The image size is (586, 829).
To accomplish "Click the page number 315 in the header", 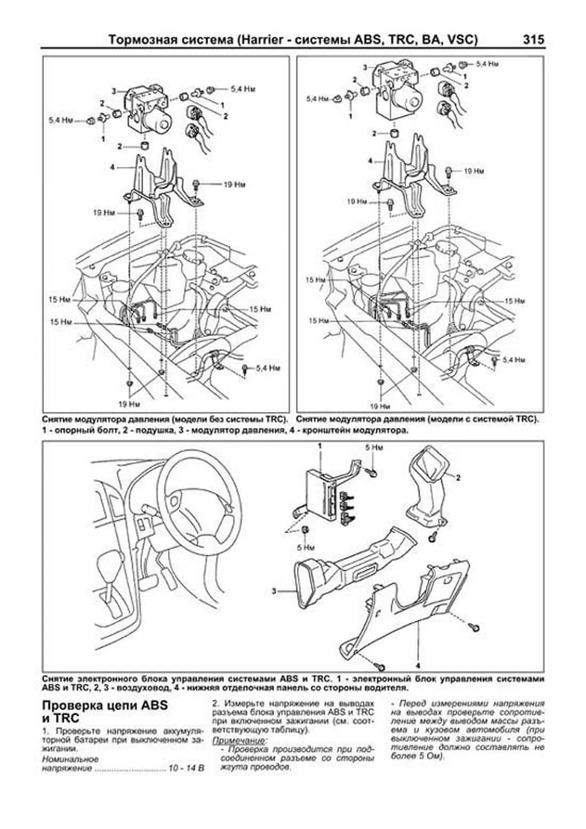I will coord(533,40).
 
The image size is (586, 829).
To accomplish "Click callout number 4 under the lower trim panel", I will coord(418,665).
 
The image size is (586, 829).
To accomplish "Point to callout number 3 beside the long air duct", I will coord(274,591).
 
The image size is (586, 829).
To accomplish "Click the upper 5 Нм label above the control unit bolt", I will coord(375,447).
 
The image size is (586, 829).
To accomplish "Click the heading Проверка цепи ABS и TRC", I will coord(105,712).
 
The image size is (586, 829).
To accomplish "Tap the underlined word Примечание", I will coord(236,741).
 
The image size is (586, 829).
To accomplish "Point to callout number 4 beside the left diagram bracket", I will coord(113,167).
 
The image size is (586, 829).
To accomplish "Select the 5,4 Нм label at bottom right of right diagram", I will coord(514,360).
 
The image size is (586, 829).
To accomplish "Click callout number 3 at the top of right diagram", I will coord(364,67).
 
